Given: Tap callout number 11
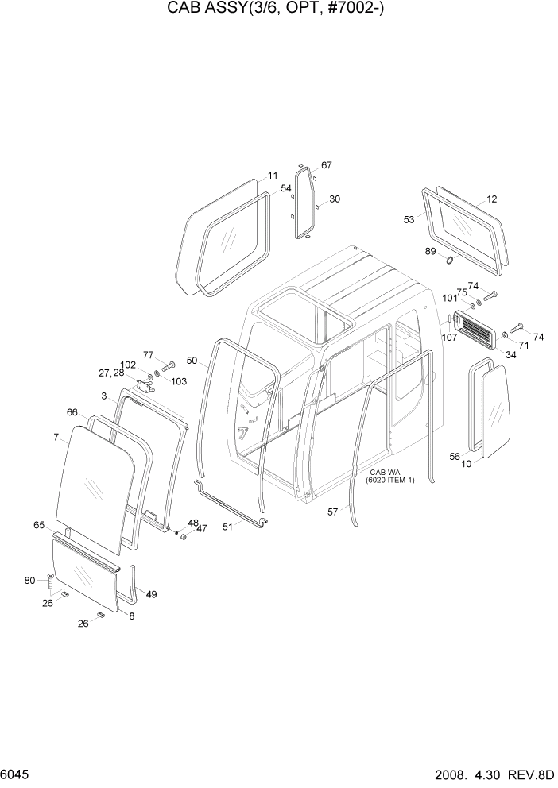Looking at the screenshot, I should pos(272,176).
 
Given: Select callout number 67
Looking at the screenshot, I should pos(326,165).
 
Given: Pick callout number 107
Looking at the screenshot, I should pos(449,336).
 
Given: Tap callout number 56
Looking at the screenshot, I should pos(455,456).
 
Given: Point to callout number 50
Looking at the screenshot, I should pos(192,361).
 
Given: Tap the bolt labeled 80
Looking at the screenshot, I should pos(52,581).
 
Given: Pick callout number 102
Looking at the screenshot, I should pos(128,365).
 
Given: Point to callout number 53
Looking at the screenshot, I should pos(409,219).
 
